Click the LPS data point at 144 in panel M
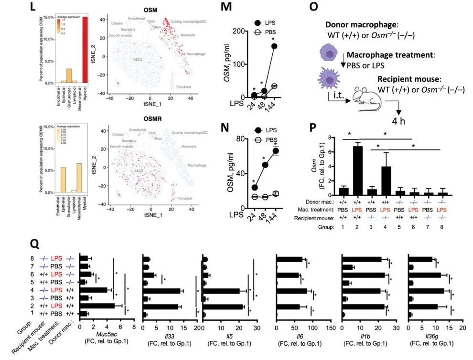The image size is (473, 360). coord(274,46)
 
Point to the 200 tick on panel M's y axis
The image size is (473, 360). coord(246,31)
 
